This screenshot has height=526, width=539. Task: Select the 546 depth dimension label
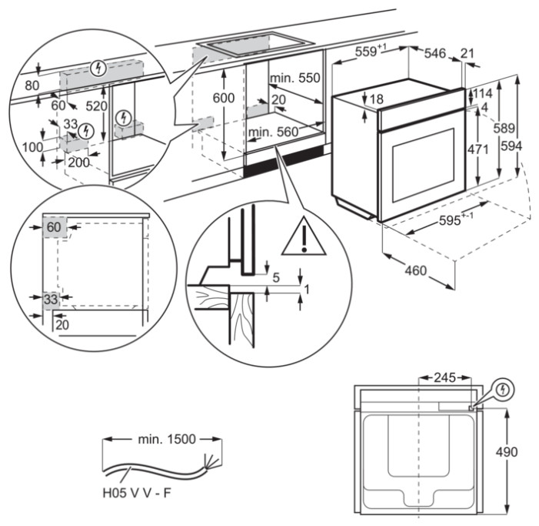434,52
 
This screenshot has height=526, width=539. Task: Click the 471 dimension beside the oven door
478,149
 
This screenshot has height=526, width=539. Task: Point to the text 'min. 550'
294,79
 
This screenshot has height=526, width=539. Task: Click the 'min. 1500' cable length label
162,439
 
